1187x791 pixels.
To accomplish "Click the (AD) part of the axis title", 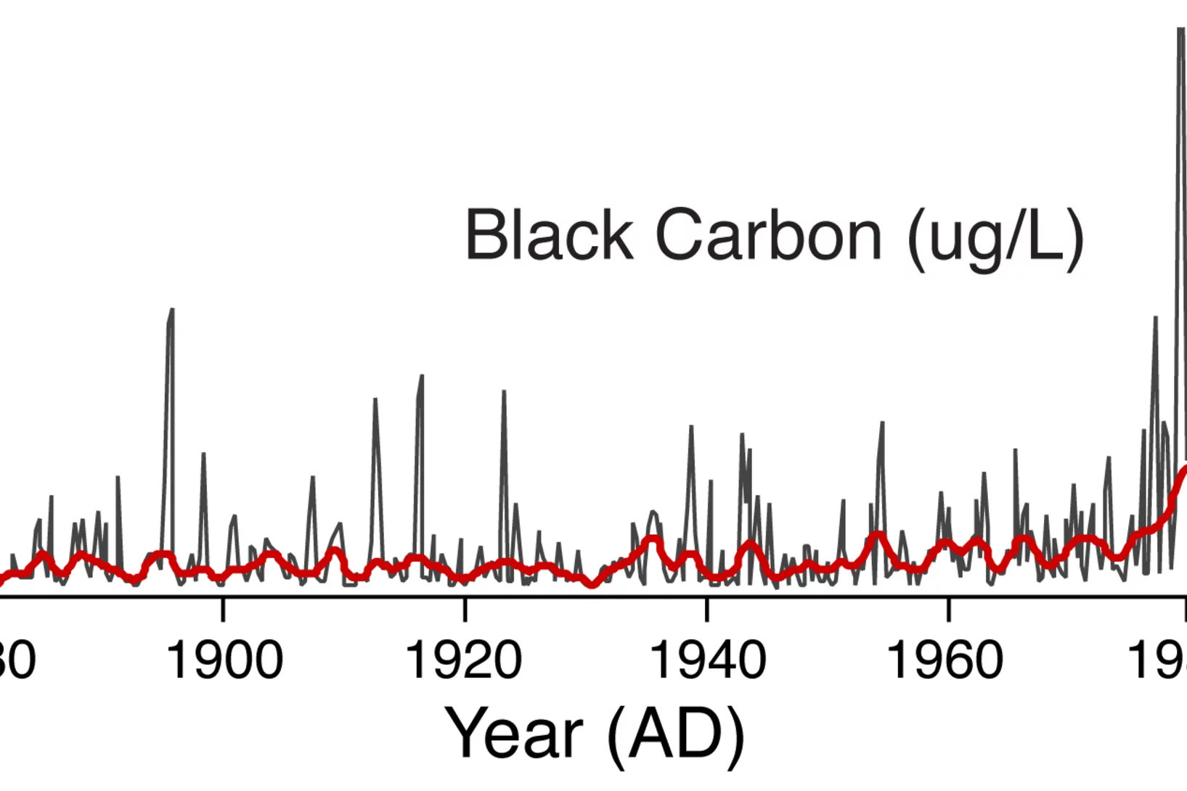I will pyautogui.click(x=676, y=734).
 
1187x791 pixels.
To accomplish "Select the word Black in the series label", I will pyautogui.click(x=549, y=235).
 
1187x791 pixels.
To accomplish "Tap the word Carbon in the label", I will pyautogui.click(x=768, y=235).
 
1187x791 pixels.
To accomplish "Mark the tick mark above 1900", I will pyautogui.click(x=223, y=608).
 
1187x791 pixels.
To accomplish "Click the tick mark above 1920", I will pyautogui.click(x=465, y=608).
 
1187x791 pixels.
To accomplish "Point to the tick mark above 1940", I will pyautogui.click(x=706, y=608).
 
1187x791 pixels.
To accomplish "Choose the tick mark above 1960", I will pyautogui.click(x=948, y=608).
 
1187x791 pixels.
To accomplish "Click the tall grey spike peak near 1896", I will pyautogui.click(x=171, y=311).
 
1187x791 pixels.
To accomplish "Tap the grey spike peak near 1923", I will pyautogui.click(x=504, y=393).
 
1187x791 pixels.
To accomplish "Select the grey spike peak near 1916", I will pyautogui.click(x=421, y=377).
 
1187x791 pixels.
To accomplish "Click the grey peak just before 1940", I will pyautogui.click(x=691, y=427).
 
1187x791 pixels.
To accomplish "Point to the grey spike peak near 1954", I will pyautogui.click(x=882, y=423).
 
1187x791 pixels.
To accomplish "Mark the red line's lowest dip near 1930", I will pyautogui.click(x=592, y=584).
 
